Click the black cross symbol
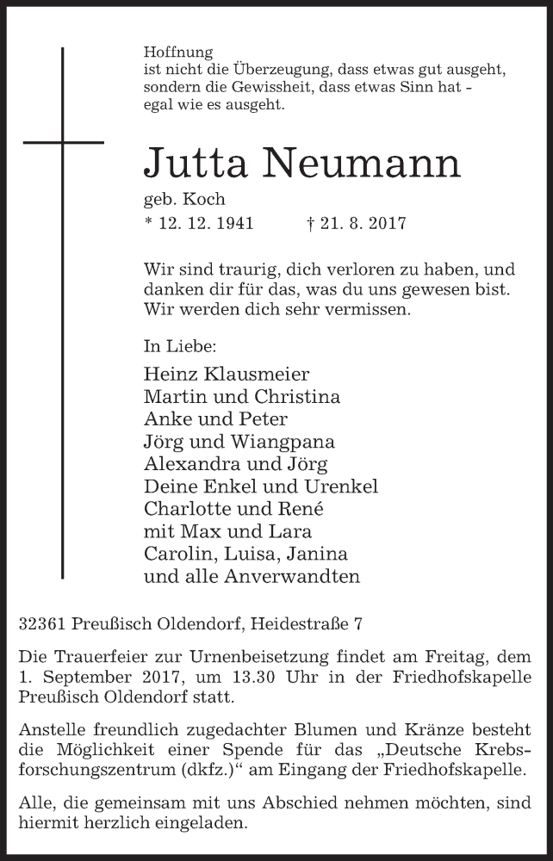(63, 141)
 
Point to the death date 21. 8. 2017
(363, 223)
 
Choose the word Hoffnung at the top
(178, 52)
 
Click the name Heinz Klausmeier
(227, 375)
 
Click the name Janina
(315, 554)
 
